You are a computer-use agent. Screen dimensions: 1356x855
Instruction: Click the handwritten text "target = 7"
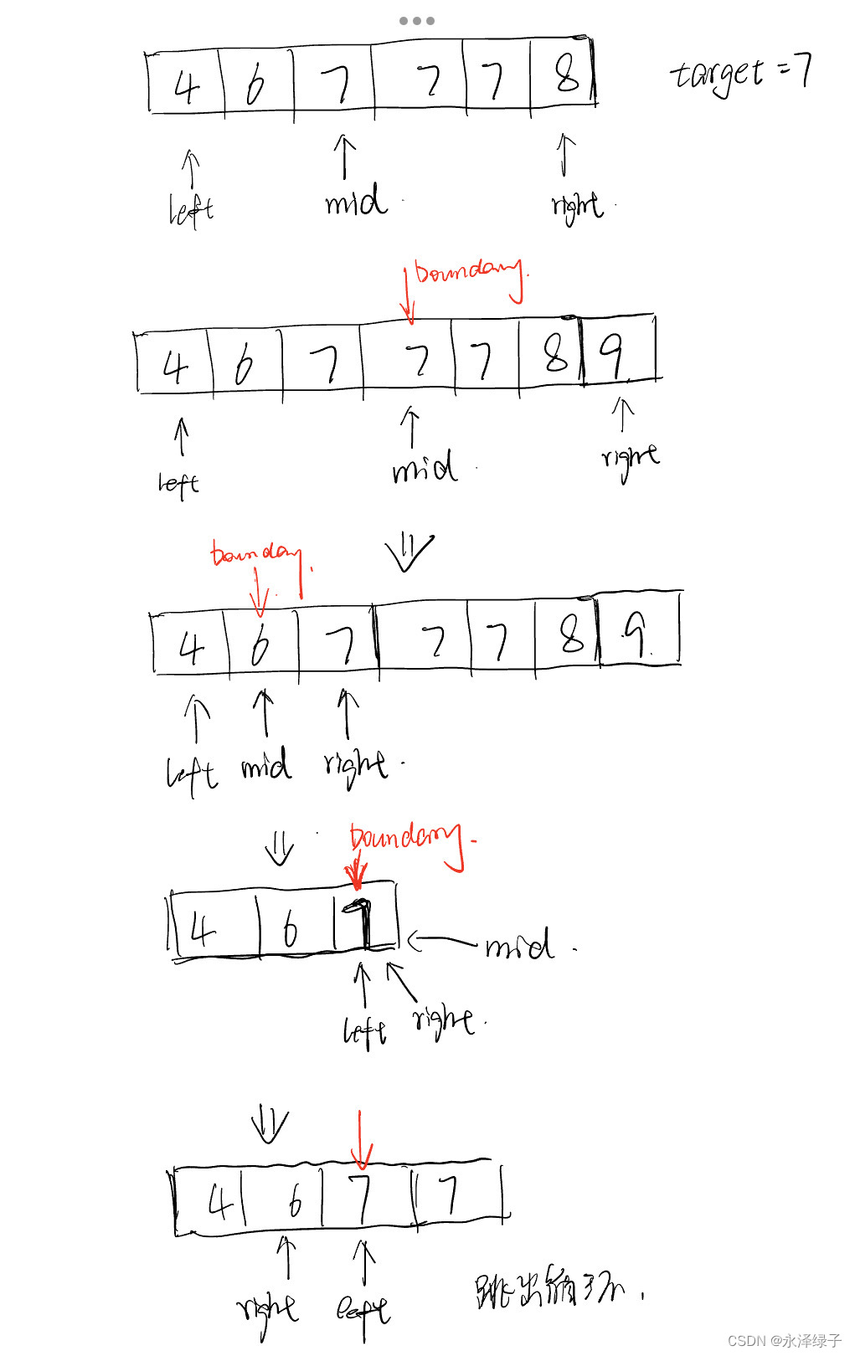[x=740, y=74]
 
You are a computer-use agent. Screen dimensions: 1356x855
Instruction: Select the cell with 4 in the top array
[x=186, y=84]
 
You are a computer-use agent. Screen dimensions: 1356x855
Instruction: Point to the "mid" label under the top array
[x=356, y=201]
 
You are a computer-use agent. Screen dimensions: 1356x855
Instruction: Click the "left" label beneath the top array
[x=191, y=210]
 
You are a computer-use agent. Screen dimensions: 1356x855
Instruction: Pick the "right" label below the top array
[x=577, y=206]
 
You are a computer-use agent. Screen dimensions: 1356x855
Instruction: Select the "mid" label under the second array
[x=425, y=467]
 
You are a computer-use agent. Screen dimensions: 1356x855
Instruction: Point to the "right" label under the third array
[x=355, y=765]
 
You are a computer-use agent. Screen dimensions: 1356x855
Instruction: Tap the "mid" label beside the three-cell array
[x=519, y=945]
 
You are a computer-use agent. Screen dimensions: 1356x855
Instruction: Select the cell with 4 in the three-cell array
[x=214, y=926]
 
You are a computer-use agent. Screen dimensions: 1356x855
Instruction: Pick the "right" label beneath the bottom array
[x=268, y=1310]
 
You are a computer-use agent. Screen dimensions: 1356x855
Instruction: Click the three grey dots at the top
[x=416, y=20]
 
